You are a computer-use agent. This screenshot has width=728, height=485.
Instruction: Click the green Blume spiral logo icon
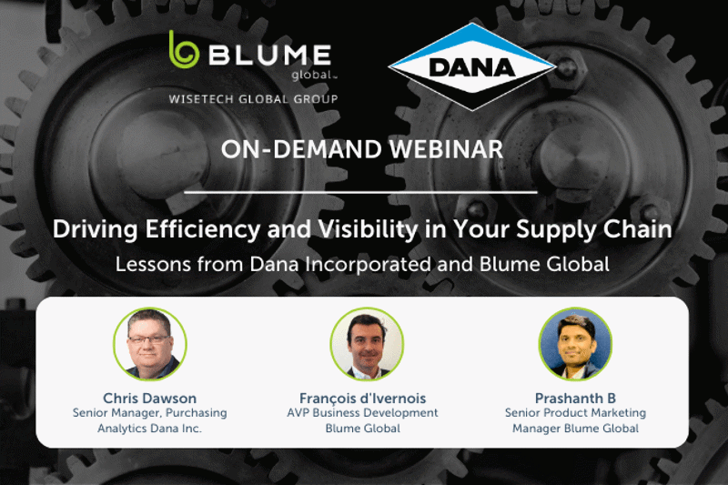184,50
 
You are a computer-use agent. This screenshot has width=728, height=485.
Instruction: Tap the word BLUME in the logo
269,55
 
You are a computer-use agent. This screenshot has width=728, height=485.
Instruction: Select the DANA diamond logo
472,66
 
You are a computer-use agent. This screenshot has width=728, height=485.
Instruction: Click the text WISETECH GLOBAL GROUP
254,99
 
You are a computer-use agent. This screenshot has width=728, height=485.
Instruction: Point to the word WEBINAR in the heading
446,149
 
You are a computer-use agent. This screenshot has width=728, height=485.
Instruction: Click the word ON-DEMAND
301,149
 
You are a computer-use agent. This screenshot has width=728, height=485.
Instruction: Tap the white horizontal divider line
360,191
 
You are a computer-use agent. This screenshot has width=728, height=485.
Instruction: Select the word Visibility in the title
368,229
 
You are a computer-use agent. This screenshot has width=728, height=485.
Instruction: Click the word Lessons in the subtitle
153,265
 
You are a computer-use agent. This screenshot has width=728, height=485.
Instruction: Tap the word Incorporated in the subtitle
369,265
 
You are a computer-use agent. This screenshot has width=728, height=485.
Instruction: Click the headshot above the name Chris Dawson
150,344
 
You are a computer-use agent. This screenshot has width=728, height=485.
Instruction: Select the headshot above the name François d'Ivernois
367,344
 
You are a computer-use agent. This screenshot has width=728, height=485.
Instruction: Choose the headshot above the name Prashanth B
575,344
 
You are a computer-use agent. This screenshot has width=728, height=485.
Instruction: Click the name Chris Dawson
149,399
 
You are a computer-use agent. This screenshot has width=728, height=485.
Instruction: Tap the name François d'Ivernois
362,399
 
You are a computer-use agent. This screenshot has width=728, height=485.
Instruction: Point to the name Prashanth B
575,399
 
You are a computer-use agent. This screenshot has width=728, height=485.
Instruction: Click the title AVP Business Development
362,412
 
